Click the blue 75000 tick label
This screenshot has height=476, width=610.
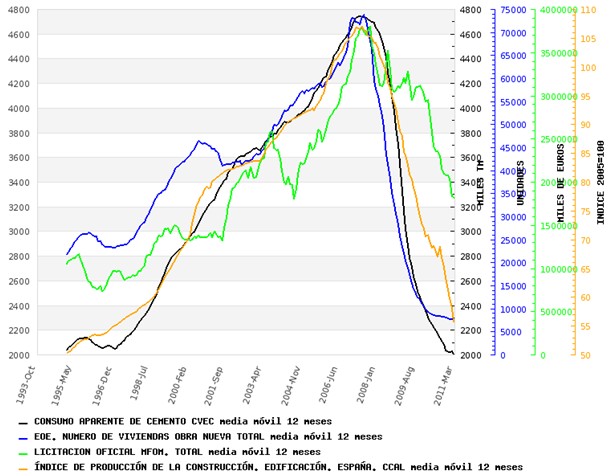(x=512, y=10)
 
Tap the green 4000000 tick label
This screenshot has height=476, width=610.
(x=557, y=10)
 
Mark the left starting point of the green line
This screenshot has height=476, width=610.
(x=66, y=263)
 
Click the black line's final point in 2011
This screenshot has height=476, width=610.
(x=454, y=353)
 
